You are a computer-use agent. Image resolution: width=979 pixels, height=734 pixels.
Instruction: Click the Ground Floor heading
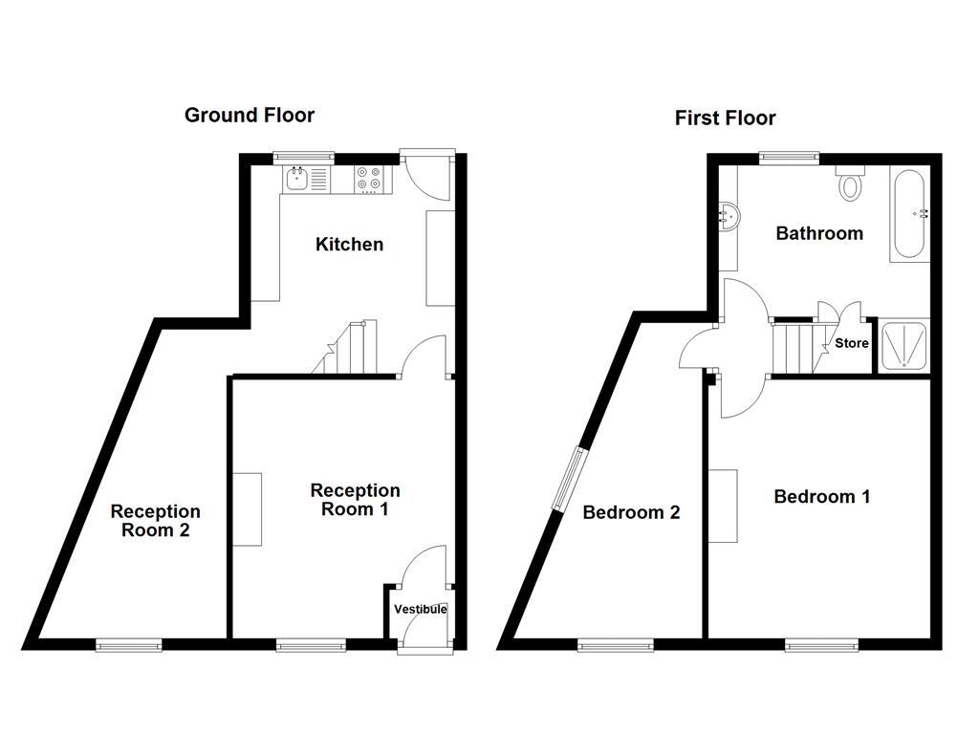tap(249, 115)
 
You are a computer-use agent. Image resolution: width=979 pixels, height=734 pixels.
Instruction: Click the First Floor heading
tap(725, 118)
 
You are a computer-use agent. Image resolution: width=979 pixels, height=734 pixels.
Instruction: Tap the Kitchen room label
tap(349, 244)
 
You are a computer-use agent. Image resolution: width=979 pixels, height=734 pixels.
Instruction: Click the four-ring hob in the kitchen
tap(368, 178)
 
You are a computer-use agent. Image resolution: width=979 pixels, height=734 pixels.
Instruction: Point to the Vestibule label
tap(420, 609)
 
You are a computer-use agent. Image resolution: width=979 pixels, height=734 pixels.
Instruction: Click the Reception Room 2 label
tap(155, 521)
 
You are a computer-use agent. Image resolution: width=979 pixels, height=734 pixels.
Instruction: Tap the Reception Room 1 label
tap(355, 499)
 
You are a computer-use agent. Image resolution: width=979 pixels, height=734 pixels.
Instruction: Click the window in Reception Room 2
tap(128, 646)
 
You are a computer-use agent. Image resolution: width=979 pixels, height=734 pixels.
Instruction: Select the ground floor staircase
tap(348, 349)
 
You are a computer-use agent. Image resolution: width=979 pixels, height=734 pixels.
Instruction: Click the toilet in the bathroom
tap(849, 183)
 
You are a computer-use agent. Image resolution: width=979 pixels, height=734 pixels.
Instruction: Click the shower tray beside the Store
tap(903, 345)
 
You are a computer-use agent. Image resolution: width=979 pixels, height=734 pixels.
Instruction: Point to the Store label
tap(852, 343)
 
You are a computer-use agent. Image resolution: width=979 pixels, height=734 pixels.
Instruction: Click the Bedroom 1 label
tap(822, 496)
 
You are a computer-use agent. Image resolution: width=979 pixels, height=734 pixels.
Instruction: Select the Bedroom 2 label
tap(631, 512)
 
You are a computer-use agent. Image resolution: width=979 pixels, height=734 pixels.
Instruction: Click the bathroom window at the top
tap(790, 156)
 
